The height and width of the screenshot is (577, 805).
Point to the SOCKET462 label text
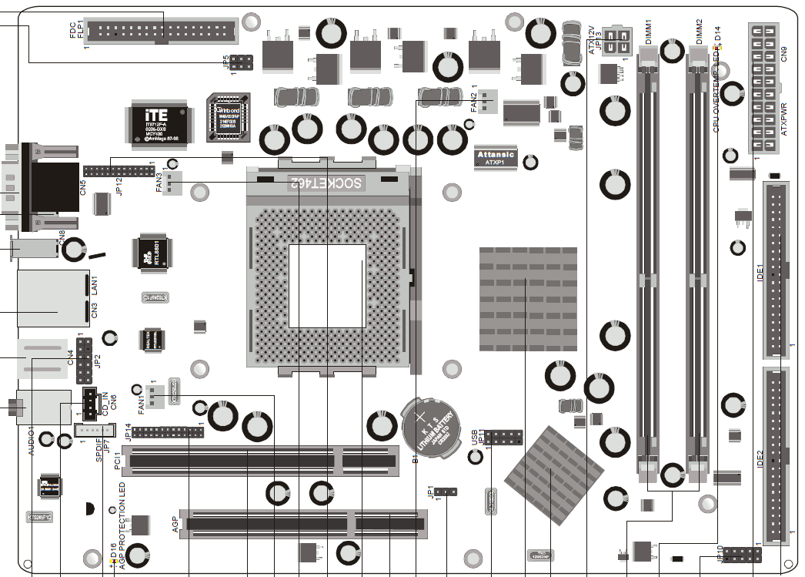tap(327, 183)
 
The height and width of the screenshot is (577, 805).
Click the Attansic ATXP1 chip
tap(496, 156)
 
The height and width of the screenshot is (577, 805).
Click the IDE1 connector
tap(777, 270)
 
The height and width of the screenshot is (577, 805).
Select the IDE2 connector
tap(776, 456)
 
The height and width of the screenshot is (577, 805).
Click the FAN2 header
tap(486, 102)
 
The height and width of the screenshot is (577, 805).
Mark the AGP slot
tap(307, 524)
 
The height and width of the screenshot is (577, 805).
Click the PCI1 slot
tap(262, 460)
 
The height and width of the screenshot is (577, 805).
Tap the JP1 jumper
tap(446, 491)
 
